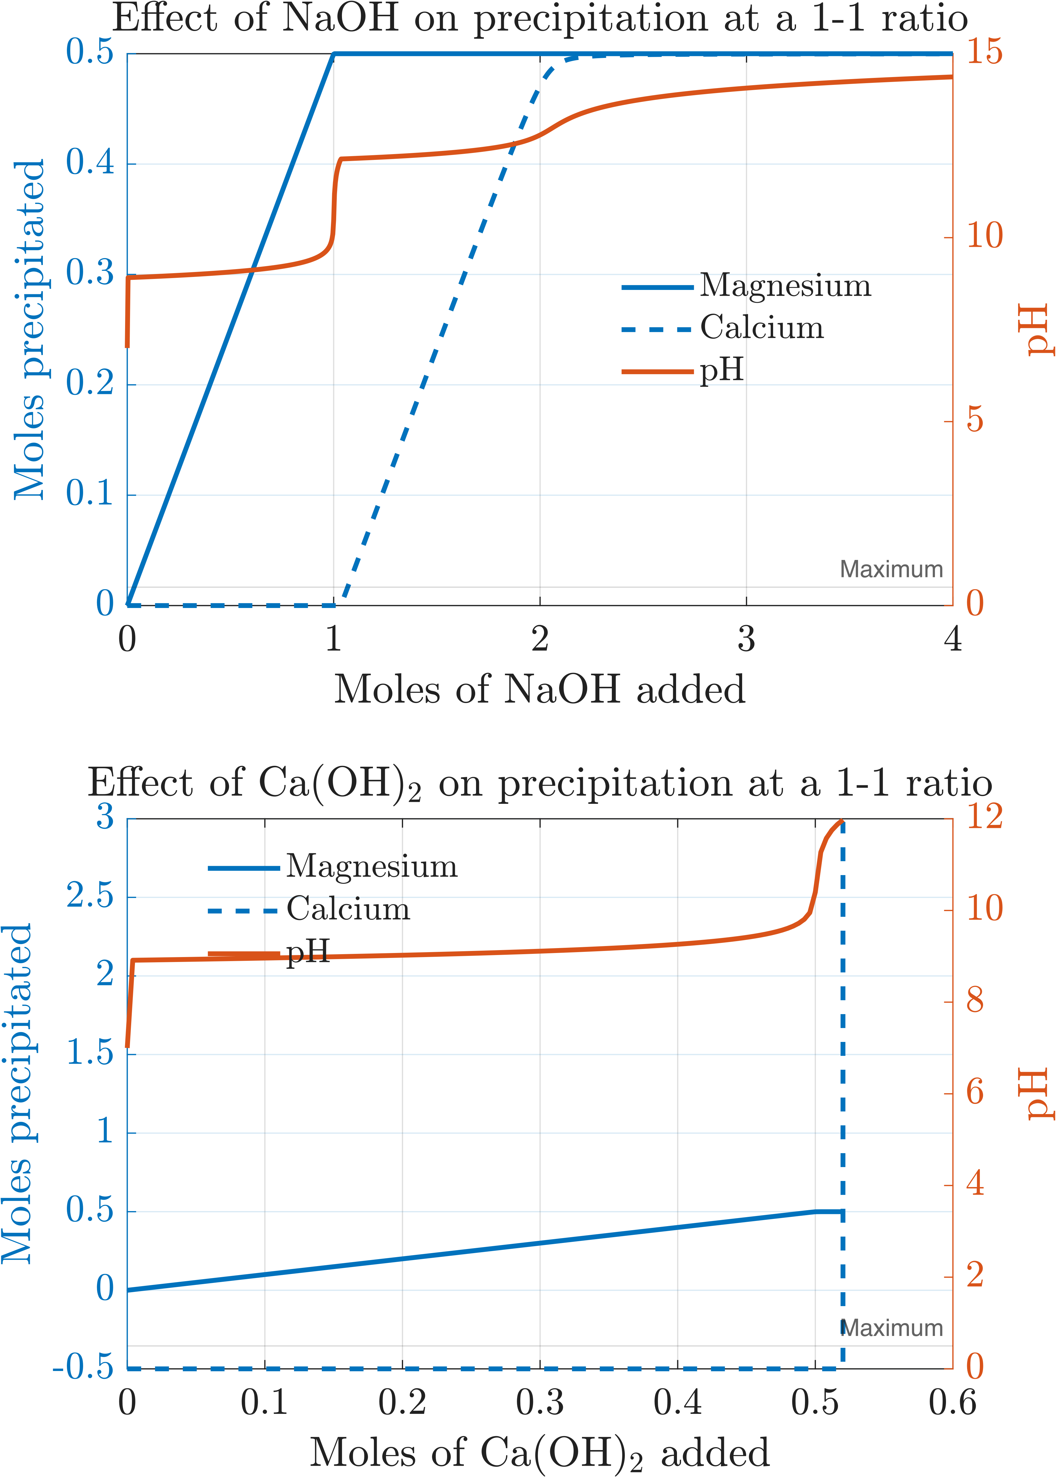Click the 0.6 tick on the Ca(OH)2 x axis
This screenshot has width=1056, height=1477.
pos(952,1402)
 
